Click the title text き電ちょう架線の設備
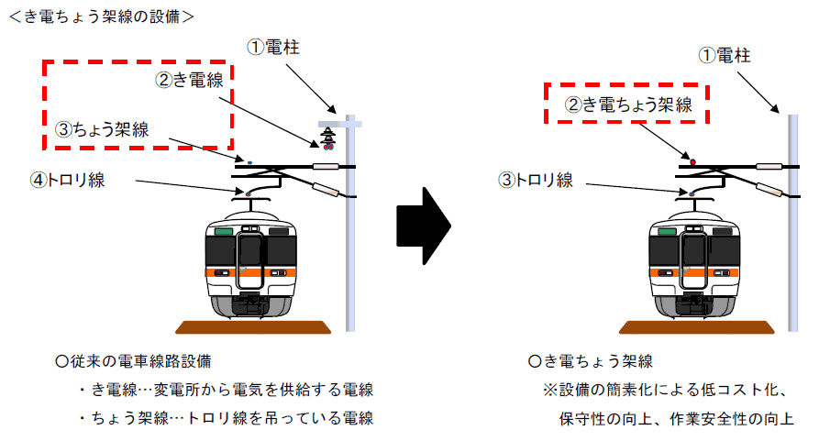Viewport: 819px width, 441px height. [x=102, y=17]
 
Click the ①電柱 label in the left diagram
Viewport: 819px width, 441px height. [x=273, y=48]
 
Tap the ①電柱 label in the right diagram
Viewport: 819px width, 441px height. [x=725, y=55]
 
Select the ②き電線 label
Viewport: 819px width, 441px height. [x=189, y=80]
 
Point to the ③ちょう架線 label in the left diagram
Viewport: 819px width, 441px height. [x=103, y=129]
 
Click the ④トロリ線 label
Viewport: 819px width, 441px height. [x=68, y=180]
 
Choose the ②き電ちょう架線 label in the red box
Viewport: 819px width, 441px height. [x=628, y=105]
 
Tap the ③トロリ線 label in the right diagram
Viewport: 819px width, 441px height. [x=536, y=180]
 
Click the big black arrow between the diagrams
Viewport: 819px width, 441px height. [x=424, y=226]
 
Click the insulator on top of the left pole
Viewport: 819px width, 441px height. [x=328, y=138]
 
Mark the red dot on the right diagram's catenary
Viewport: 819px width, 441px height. [x=693, y=162]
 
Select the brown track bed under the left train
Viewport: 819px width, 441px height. [x=253, y=327]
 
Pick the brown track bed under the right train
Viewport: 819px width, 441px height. [x=696, y=327]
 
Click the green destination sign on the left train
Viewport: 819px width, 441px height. [x=224, y=231]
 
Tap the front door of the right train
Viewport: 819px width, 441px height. [x=693, y=259]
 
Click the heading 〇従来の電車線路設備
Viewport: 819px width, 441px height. [x=133, y=361]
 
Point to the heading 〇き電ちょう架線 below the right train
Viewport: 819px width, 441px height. [x=591, y=361]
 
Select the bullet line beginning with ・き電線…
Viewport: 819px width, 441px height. [x=227, y=390]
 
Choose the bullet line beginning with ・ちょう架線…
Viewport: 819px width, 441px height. [x=227, y=418]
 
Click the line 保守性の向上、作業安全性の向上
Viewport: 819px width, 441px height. [x=677, y=419]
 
